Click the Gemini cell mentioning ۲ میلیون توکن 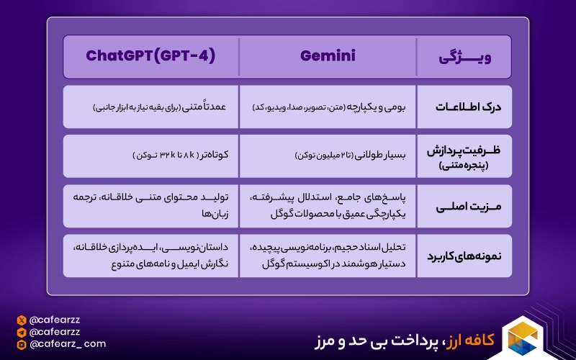pyautogui.click(x=328, y=156)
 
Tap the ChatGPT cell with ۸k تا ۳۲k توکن pyautogui.click(x=150, y=156)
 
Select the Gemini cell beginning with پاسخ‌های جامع pyautogui.click(x=328, y=206)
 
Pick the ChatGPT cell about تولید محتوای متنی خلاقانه pyautogui.click(x=150, y=206)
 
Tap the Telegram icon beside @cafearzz pyautogui.click(x=22, y=332)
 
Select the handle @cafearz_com pyautogui.click(x=68, y=345)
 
